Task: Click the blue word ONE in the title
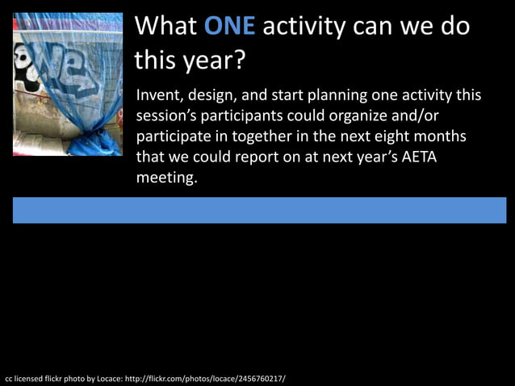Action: coord(229,26)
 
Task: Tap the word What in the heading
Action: coord(165,26)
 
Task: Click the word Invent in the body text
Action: coord(159,95)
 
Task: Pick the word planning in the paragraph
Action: coord(336,95)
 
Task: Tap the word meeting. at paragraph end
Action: coord(166,178)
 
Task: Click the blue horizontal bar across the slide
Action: coord(258,210)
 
